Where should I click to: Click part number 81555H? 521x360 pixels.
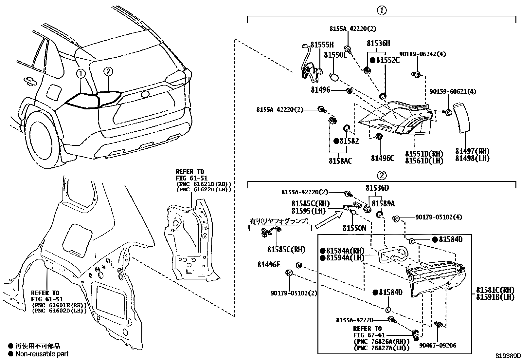[322, 45]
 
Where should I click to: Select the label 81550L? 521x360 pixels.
[335, 55]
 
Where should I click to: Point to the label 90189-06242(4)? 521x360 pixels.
[422, 54]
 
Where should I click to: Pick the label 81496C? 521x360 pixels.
[382, 159]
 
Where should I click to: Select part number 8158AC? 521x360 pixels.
[340, 161]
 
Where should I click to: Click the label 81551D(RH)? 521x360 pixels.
[424, 154]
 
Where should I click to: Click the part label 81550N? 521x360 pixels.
[354, 228]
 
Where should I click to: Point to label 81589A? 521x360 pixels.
[383, 203]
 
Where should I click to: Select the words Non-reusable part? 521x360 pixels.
[42, 354]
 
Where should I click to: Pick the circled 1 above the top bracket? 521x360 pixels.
[382, 11]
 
